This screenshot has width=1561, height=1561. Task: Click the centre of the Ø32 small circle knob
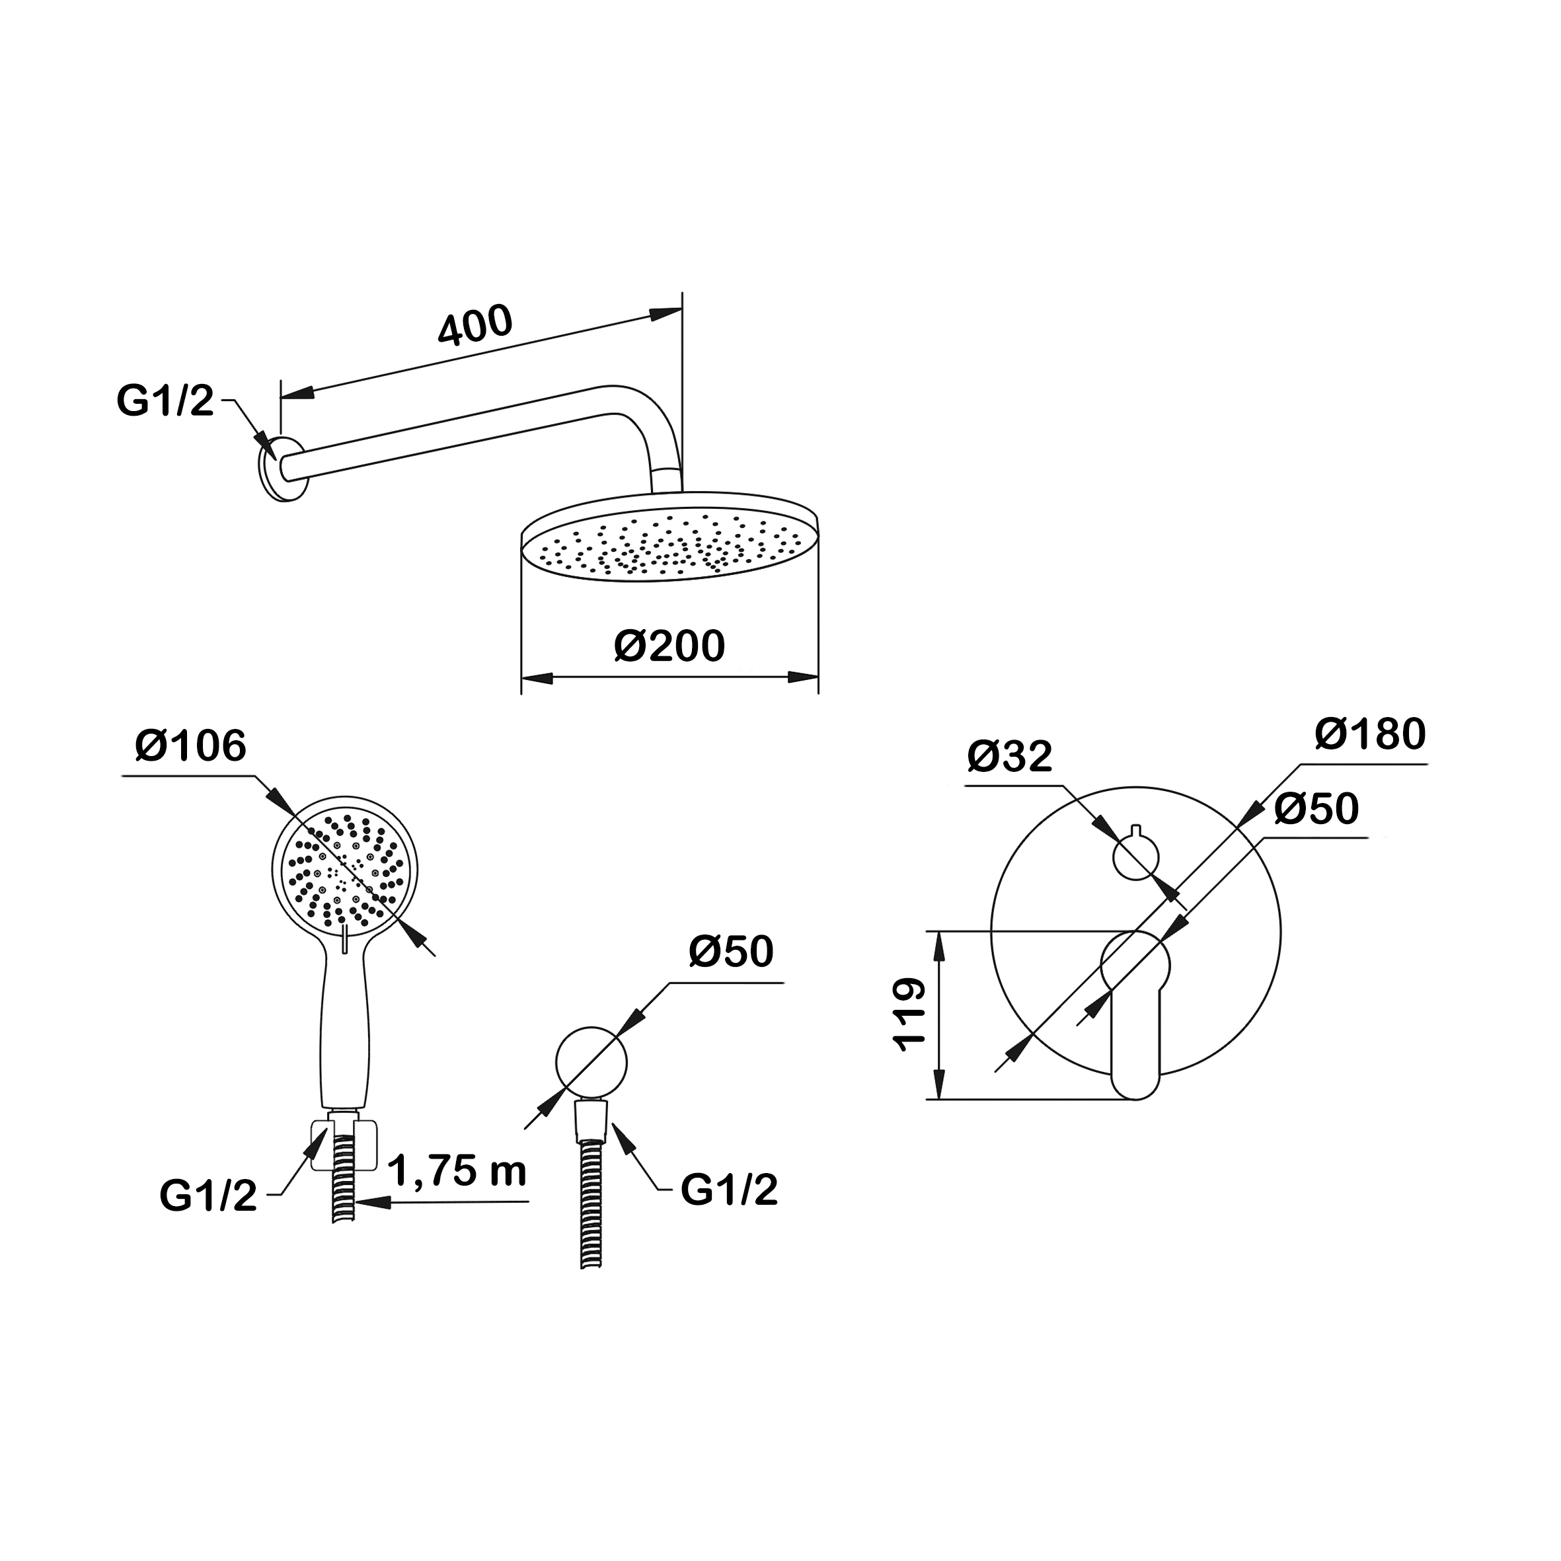point(1136,857)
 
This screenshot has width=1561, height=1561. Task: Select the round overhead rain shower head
point(670,537)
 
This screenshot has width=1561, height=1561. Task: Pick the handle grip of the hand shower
point(345,1026)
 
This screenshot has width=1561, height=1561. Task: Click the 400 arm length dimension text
point(475,324)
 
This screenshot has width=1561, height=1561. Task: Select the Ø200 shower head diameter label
point(670,646)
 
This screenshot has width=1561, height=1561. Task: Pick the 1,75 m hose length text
point(458,1172)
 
